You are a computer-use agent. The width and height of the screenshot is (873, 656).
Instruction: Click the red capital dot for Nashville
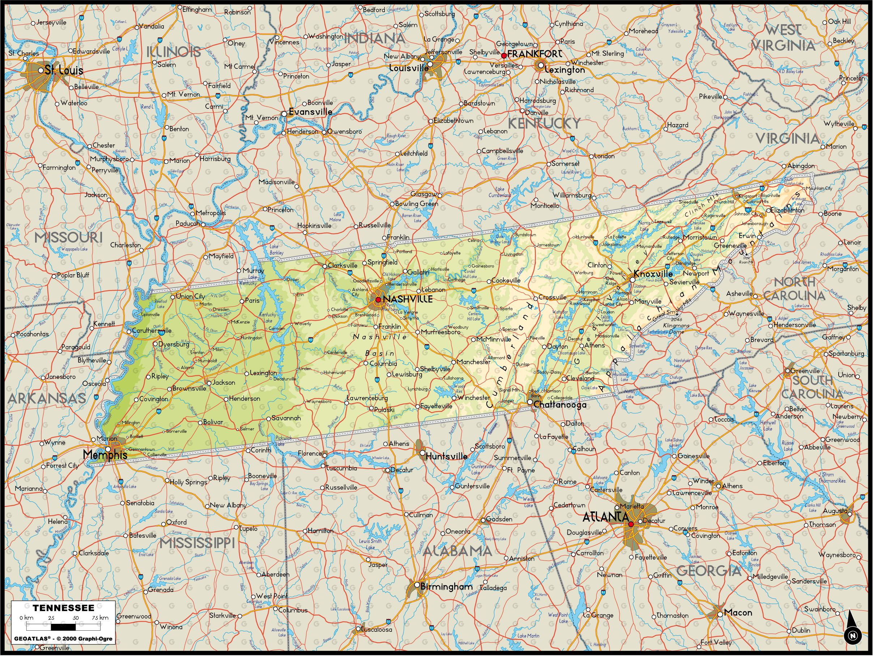[x=378, y=299]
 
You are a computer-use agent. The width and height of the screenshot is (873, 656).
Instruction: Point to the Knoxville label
[x=653, y=273]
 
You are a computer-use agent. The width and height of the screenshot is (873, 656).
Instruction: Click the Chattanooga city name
[x=559, y=405]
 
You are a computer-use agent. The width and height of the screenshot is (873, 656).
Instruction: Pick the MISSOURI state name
[x=68, y=237]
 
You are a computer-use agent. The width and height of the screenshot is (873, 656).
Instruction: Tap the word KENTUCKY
[x=544, y=124]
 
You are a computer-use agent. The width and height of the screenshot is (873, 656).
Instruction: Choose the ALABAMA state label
[x=457, y=550]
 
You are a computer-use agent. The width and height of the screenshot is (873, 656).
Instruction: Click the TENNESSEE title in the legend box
[x=63, y=608]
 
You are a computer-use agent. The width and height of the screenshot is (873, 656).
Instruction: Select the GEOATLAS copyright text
[x=63, y=638]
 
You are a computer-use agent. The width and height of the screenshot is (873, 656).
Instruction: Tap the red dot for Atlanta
[x=631, y=524]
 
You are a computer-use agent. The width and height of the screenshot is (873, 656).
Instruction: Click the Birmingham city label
[x=446, y=587]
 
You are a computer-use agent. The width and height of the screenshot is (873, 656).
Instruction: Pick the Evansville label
[x=310, y=112]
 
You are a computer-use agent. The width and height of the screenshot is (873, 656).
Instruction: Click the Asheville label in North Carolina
[x=739, y=294]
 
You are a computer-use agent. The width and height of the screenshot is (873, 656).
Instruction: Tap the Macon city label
[x=738, y=613]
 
